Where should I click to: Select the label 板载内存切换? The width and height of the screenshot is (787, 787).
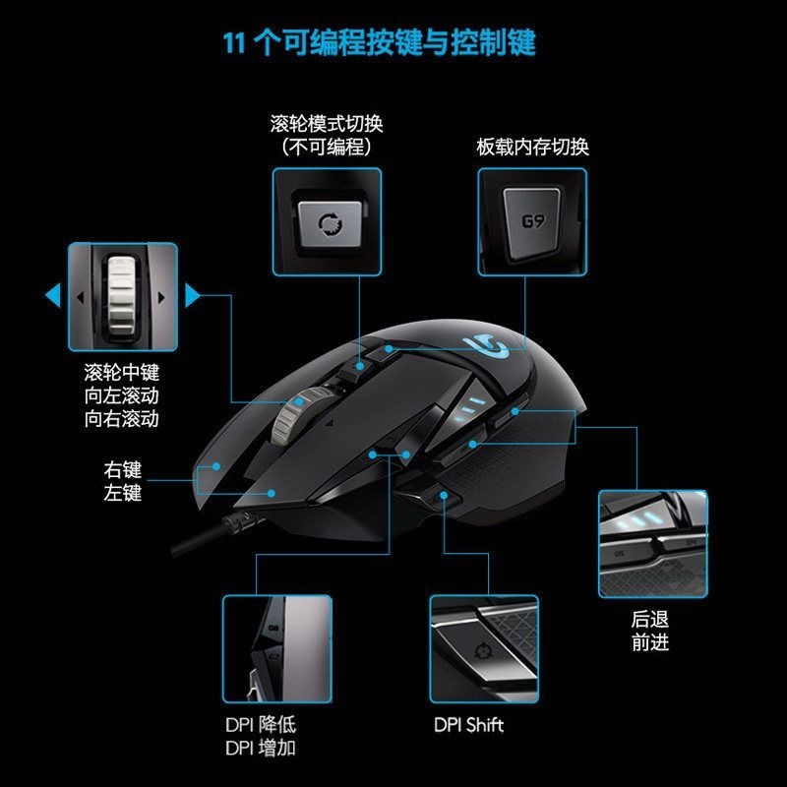tap(532, 148)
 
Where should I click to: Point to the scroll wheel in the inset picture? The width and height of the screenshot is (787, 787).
tap(122, 295)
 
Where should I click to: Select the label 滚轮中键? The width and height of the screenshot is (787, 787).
tap(122, 375)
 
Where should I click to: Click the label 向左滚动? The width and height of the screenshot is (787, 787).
tap(122, 396)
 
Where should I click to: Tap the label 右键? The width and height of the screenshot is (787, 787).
tap(122, 469)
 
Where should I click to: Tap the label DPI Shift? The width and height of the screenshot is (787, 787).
tap(468, 726)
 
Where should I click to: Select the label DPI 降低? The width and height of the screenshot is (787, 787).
tap(260, 726)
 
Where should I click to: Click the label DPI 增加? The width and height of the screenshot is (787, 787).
tap(260, 749)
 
